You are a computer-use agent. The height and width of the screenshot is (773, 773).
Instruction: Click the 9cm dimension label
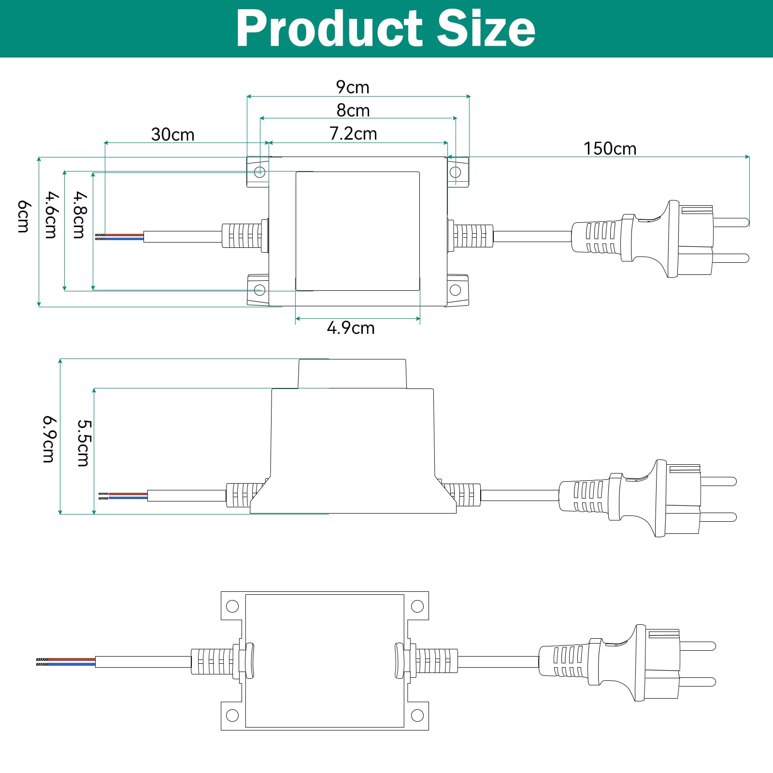click(x=353, y=87)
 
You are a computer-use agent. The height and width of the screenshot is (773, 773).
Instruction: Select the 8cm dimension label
click(x=353, y=111)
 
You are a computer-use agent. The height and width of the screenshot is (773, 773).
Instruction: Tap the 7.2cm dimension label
click(x=353, y=134)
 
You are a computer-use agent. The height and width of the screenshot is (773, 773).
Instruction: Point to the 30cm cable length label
click(x=172, y=134)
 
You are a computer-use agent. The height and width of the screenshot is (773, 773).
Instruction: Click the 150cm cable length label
click(x=610, y=148)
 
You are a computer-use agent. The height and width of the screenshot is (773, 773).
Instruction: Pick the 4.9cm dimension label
click(x=351, y=328)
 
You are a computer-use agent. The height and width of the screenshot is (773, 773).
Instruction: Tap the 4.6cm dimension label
click(x=51, y=215)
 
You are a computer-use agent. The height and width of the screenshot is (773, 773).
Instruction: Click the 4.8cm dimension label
click(x=79, y=215)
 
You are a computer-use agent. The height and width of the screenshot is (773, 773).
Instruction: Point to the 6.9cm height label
click(x=49, y=439)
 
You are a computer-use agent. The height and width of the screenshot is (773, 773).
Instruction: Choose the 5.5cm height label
click(x=83, y=443)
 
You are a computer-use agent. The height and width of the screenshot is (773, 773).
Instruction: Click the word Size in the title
click(x=487, y=29)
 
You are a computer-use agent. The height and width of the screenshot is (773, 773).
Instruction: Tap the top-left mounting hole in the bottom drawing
click(x=232, y=606)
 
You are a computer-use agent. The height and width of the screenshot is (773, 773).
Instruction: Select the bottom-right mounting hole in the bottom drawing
click(x=417, y=716)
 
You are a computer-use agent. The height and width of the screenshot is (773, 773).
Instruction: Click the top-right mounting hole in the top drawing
click(x=455, y=172)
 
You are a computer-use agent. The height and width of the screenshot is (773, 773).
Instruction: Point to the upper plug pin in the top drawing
click(x=731, y=222)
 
